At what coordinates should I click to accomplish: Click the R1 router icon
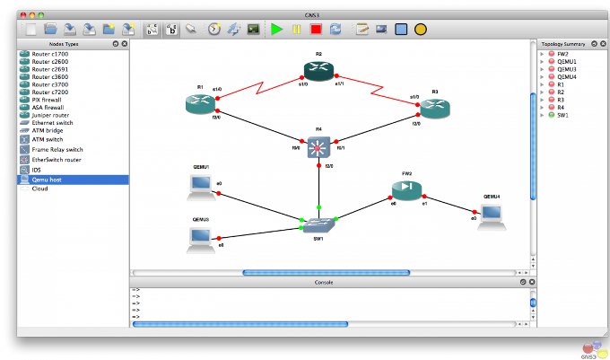click(198, 102)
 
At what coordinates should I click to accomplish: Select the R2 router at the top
click(318, 71)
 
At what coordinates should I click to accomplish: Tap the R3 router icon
click(434, 107)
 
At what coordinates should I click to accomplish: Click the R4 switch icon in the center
click(318, 148)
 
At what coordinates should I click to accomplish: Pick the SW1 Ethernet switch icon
click(318, 225)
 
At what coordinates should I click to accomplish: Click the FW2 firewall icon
click(406, 189)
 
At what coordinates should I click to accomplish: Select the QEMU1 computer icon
click(199, 184)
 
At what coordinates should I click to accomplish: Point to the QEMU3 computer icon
click(199, 237)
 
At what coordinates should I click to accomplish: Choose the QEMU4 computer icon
click(491, 213)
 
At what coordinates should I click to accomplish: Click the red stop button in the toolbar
click(316, 30)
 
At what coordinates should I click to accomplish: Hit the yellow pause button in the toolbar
click(296, 30)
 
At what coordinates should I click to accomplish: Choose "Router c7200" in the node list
click(50, 92)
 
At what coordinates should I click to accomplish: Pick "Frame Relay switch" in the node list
click(57, 149)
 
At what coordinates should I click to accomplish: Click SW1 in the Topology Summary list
click(562, 115)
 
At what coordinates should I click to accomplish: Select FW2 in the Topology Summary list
click(562, 54)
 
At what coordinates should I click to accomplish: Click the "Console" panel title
click(323, 282)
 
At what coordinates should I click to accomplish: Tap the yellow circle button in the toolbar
click(420, 30)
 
